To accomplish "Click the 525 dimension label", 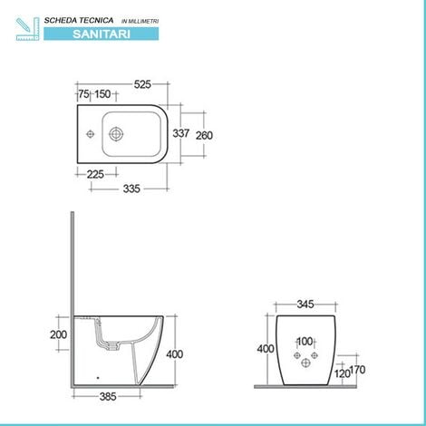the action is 142,84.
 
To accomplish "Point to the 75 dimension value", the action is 83,94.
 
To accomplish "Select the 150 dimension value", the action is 102,94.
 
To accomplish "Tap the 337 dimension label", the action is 181,133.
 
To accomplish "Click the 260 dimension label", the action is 204,135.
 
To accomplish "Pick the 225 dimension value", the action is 95,174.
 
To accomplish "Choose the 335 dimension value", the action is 131,189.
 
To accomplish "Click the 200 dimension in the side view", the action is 59,334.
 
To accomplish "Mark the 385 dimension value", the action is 108,396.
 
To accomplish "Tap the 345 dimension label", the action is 305,305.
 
